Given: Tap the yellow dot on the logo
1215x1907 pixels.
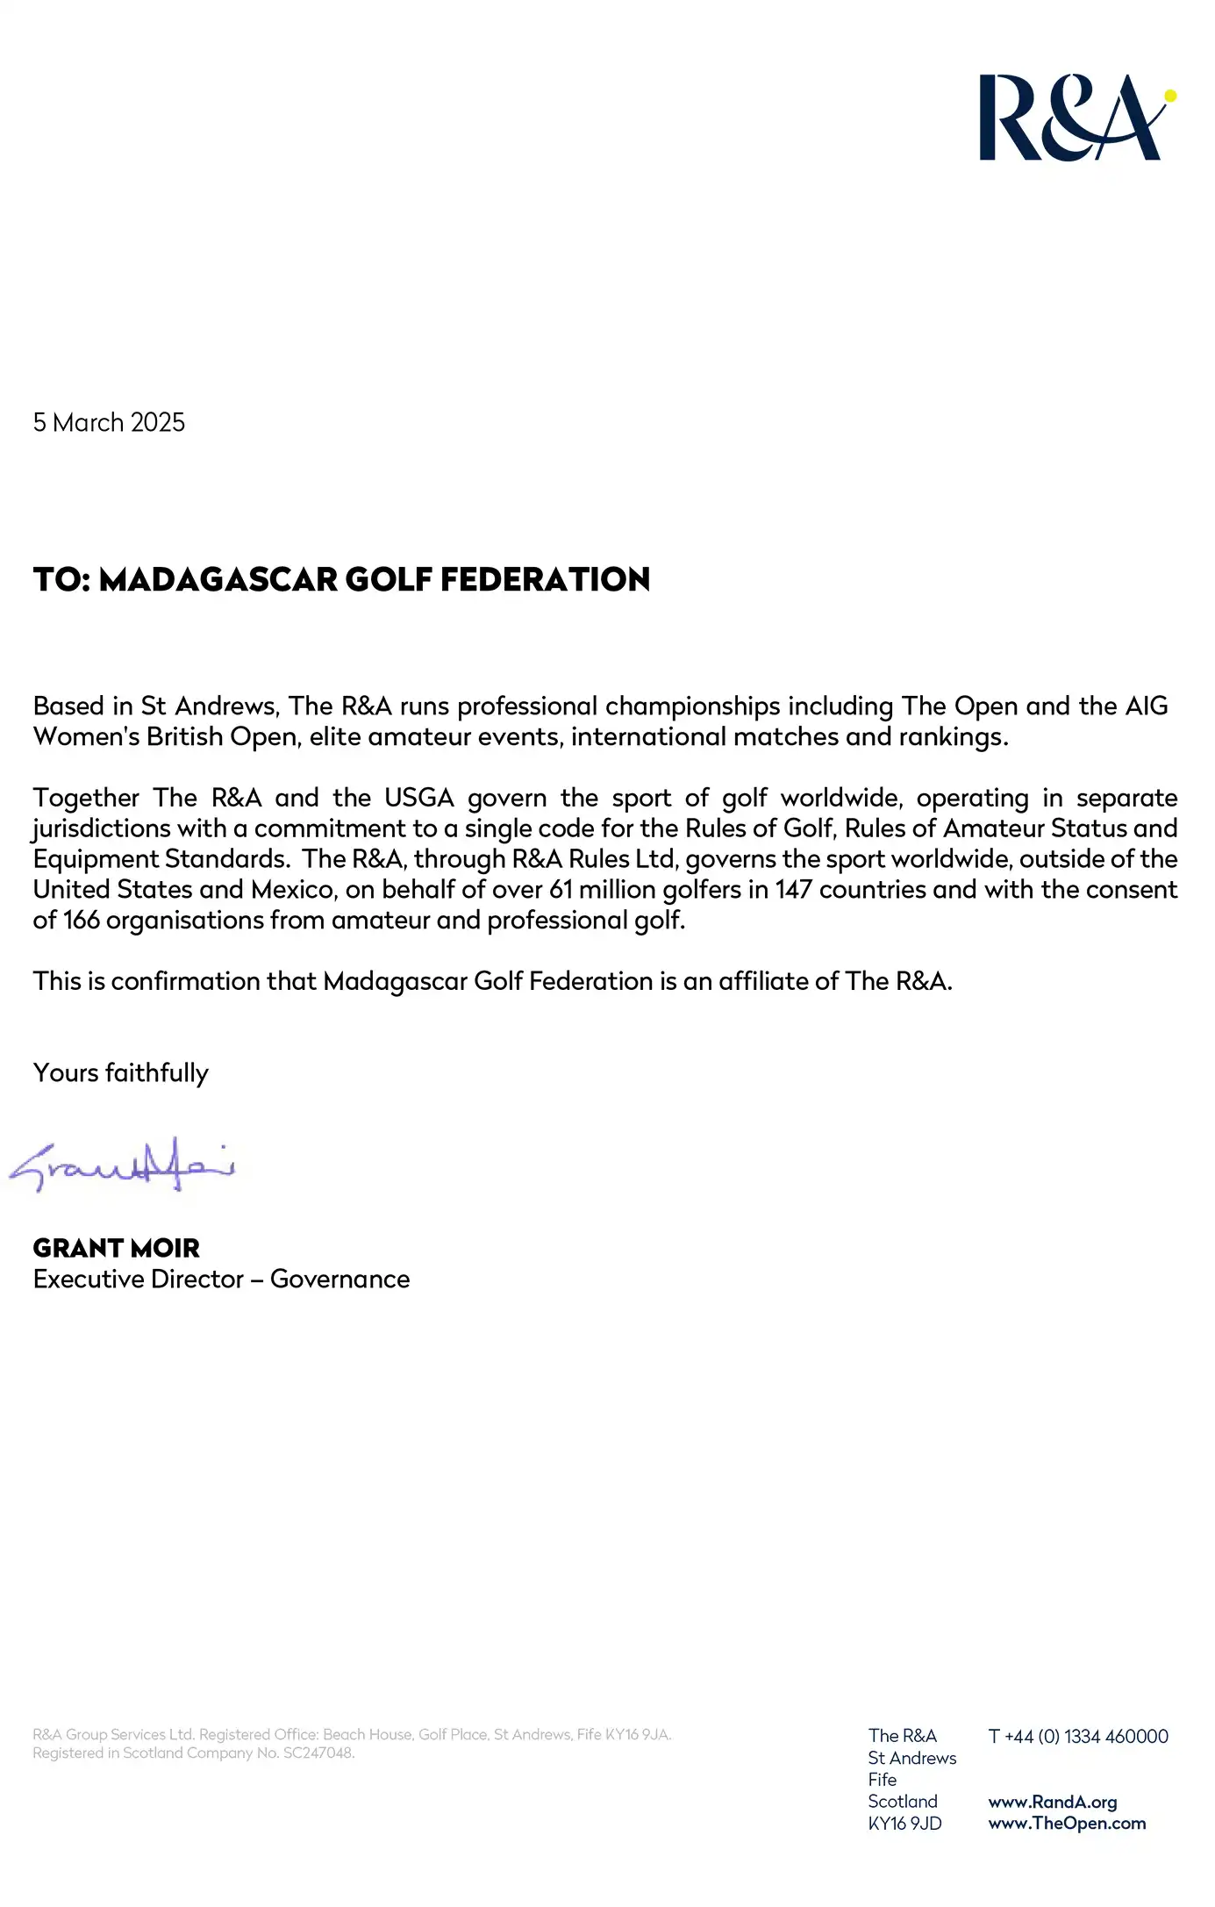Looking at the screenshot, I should [1169, 96].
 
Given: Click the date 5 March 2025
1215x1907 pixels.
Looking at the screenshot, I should [109, 422].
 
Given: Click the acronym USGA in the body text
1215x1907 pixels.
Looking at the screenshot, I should [419, 798].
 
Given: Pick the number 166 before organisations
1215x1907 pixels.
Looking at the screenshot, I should [82, 921].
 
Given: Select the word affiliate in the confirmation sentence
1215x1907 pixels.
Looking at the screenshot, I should [762, 981].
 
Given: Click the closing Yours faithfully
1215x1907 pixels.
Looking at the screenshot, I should [121, 1073].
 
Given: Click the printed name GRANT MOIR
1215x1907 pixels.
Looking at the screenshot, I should [117, 1248].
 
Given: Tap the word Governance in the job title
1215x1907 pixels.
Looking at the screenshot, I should [339, 1280].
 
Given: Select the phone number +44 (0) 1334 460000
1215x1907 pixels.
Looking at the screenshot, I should [1086, 1737].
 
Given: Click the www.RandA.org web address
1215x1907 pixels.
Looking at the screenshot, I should [1053, 1803].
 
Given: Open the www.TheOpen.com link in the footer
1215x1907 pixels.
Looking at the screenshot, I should [1067, 1824].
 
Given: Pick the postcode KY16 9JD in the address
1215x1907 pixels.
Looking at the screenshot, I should [904, 1824].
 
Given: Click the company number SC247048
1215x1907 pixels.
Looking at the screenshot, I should [318, 1753].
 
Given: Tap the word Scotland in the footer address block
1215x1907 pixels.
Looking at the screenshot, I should [903, 1802].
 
